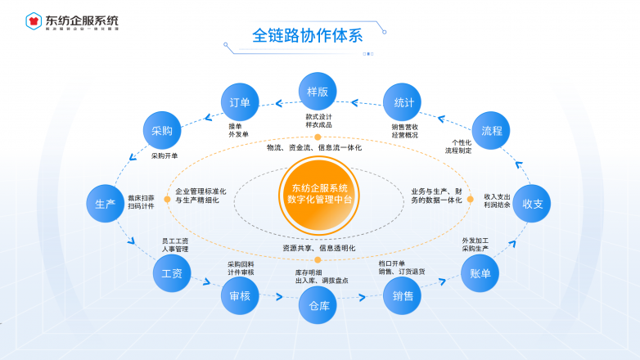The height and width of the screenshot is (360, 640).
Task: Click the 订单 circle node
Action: [240, 103]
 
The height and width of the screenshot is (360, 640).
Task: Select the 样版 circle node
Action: [318, 92]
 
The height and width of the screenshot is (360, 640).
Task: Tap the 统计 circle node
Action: [403, 103]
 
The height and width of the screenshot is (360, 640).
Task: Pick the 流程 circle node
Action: [492, 131]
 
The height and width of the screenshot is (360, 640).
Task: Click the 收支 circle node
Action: [533, 203]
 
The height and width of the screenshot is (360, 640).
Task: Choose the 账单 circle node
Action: [480, 274]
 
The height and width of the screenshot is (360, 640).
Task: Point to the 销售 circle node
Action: [403, 295]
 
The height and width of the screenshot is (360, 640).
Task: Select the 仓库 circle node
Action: [318, 306]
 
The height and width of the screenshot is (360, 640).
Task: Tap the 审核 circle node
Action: [240, 295]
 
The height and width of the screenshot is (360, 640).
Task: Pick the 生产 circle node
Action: [106, 204]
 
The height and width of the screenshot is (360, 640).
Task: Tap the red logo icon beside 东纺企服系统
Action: [34, 20]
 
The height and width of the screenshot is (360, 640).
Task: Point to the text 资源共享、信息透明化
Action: [319, 247]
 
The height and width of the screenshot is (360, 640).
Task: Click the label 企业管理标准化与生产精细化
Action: [201, 196]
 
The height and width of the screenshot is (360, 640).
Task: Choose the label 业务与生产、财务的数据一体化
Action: [436, 196]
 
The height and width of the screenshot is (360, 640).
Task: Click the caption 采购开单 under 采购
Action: [165, 155]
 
